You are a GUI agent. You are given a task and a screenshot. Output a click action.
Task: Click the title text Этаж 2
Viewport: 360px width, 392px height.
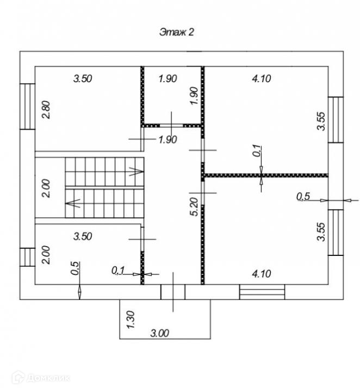176,32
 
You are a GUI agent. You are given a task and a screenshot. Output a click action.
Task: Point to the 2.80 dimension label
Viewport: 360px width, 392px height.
46,111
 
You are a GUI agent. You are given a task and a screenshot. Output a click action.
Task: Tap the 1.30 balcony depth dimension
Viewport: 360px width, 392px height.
131,318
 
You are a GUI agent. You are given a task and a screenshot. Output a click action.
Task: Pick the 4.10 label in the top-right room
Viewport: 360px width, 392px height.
261,79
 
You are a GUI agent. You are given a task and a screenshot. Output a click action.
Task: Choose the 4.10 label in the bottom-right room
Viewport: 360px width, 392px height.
261,274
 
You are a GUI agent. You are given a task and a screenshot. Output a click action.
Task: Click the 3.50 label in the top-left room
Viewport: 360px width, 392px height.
83,79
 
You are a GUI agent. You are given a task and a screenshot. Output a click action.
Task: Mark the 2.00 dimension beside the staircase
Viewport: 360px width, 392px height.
46,189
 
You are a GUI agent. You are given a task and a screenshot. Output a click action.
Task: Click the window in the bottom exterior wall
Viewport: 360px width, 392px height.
262,292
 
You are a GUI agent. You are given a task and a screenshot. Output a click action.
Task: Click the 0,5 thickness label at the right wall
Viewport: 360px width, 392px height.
302,197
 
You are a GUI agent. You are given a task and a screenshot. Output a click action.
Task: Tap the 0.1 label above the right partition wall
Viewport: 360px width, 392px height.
257,151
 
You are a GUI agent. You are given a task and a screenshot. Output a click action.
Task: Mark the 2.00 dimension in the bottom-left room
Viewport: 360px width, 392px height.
46,254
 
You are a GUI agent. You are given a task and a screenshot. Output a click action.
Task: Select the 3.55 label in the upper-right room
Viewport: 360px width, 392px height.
321,121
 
